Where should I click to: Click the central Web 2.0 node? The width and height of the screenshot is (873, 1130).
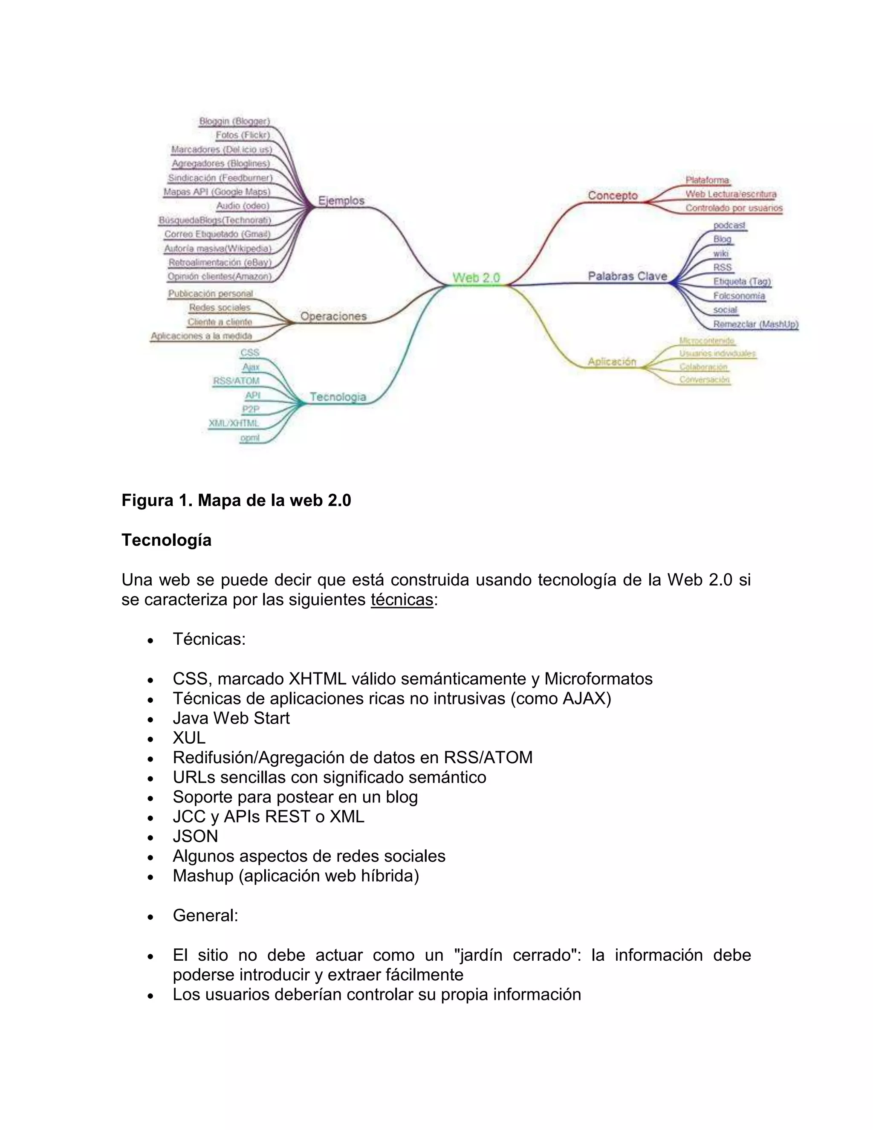476,278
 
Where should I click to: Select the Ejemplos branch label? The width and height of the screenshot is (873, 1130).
341,201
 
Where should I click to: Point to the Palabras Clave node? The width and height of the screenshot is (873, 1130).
627,276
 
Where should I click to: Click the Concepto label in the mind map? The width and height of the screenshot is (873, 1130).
613,196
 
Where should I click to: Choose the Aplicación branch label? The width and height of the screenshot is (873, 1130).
612,362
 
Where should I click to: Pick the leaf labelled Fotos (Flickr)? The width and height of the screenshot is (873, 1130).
243,135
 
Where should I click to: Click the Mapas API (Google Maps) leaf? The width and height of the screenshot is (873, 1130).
217,192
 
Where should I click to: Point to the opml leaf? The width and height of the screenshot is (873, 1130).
250,438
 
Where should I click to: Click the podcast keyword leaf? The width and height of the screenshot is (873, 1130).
729,226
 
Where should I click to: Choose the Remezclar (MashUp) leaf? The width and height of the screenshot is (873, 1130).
756,325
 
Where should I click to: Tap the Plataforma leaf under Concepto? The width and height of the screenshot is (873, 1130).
707,180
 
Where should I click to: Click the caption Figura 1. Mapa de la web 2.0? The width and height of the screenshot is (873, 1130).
236,500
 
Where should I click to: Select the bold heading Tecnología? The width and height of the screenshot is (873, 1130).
167,540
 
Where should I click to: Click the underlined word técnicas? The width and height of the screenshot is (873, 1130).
402,600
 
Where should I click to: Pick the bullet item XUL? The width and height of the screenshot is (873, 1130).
189,738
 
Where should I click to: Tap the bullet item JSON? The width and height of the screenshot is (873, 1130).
196,836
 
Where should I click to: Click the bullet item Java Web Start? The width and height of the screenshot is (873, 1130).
231,718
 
